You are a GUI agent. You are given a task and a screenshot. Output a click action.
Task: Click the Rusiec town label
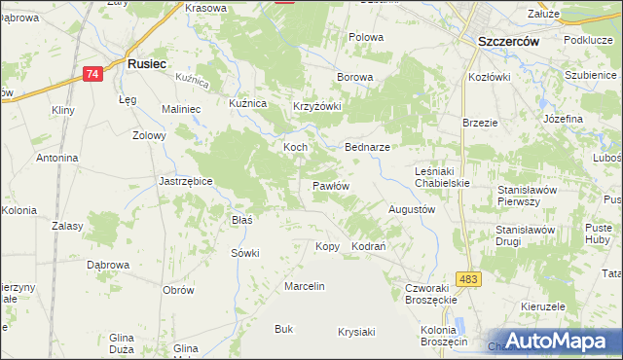tap(148, 63)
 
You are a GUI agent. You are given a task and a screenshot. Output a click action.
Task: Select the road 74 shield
tap(92, 74)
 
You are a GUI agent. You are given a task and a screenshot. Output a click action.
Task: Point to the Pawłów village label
tap(331, 185)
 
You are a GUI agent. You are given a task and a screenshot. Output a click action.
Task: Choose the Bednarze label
tap(368, 147)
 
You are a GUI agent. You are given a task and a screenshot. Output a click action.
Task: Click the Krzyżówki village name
tap(317, 107)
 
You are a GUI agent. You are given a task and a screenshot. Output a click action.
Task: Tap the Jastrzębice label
tap(186, 181)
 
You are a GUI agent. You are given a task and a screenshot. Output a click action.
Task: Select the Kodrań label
tap(370, 247)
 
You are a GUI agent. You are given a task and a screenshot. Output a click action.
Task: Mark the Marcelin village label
tap(304, 286)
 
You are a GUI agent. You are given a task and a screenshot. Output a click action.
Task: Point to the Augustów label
tap(412, 209)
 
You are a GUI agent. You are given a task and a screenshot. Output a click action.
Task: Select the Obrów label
tap(178, 290)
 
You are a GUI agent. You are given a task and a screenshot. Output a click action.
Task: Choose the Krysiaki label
tap(356, 332)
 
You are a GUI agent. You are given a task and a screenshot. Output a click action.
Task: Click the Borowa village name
tap(354, 76)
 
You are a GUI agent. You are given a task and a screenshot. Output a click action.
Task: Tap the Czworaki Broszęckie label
tap(430, 294)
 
